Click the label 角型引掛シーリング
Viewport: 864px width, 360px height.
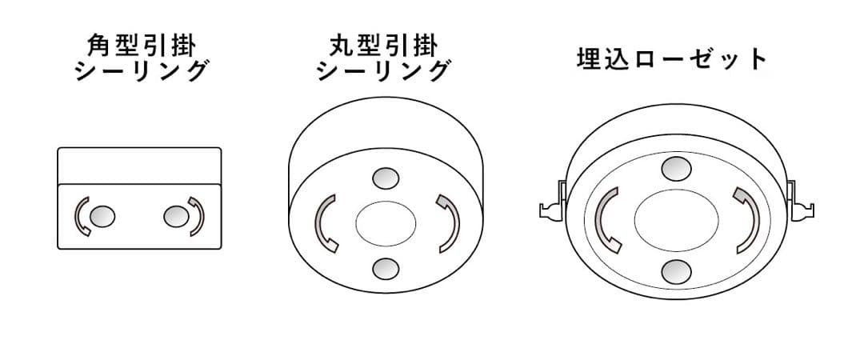point(141,58)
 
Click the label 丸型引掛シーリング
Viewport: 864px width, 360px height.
point(383,58)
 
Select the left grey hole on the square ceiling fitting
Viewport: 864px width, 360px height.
point(102,216)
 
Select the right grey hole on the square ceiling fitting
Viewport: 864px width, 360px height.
point(174,215)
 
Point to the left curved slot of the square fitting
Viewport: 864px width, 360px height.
point(81,216)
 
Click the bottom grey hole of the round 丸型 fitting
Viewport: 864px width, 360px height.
point(386,267)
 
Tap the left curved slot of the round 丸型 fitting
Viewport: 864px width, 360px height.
point(323,222)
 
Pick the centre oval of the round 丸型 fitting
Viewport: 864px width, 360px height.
point(386,222)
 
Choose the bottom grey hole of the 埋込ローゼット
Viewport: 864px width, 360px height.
point(676,272)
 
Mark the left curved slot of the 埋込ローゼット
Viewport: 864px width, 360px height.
point(606,219)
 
